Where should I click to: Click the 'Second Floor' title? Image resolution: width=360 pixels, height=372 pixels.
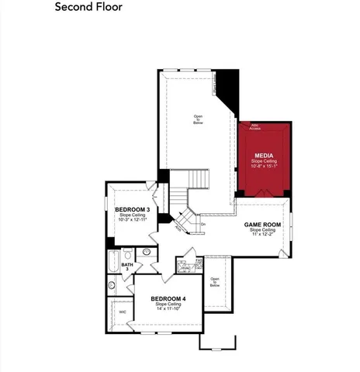pos(88,8)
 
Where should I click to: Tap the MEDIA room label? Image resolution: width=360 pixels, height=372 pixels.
pos(263,154)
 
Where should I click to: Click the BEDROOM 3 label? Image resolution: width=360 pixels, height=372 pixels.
pos(133,209)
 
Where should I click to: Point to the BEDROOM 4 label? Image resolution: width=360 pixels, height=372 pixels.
pos(168,298)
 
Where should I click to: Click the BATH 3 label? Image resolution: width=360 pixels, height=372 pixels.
pos(127,266)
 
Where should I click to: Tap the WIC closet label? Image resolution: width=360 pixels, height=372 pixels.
pos(123,312)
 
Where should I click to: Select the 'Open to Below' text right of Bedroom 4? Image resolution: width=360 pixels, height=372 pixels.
pos(215,282)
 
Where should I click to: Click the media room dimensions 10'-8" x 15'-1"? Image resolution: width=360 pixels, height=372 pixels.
pos(264,165)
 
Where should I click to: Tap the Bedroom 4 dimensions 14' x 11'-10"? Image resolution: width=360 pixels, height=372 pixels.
pos(168,309)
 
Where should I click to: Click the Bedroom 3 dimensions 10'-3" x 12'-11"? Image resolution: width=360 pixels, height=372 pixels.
pos(133,220)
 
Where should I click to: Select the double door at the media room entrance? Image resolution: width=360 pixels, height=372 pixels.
pos(264,194)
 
